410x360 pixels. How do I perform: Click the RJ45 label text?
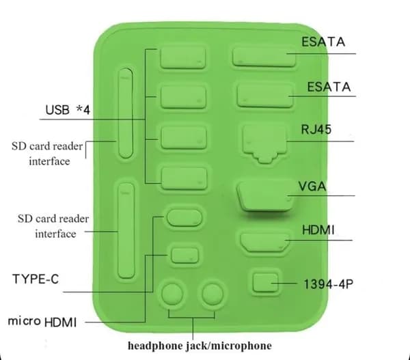click(316, 129)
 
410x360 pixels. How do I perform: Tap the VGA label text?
click(312, 186)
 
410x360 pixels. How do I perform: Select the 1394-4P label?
click(329, 284)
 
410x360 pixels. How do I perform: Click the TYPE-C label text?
click(36, 279)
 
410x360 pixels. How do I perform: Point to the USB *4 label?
click(68, 110)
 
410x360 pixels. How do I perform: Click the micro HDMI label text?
click(42, 322)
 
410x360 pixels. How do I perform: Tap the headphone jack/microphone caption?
click(200, 346)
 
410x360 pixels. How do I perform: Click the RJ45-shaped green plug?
click(264, 143)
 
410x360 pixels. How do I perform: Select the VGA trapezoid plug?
click(264, 196)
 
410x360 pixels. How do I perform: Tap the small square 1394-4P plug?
click(265, 282)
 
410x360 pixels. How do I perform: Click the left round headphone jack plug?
click(172, 294)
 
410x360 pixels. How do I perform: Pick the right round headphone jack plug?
click(213, 294)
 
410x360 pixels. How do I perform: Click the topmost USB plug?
click(182, 58)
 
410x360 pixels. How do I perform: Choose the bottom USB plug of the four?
click(184, 178)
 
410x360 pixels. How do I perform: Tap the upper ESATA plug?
click(264, 57)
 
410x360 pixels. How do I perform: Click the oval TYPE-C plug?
click(184, 217)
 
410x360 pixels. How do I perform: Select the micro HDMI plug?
click(185, 255)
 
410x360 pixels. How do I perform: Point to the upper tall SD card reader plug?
click(126, 113)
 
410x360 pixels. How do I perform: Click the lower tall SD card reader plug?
click(126, 231)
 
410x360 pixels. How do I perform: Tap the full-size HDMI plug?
click(265, 243)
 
